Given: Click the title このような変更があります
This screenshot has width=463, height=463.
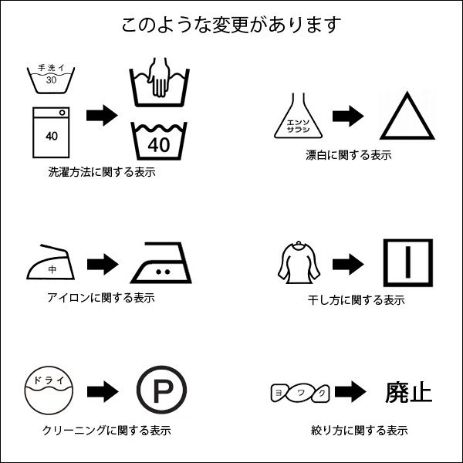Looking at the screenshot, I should pos(231,25).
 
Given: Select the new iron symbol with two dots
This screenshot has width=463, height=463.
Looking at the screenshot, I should pos(161,265).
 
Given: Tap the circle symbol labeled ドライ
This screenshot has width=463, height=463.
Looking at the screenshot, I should pos(50,392).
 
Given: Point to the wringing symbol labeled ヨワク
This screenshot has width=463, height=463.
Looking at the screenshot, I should pos(300,393).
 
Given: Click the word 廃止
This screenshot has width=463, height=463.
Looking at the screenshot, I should pos(408,393).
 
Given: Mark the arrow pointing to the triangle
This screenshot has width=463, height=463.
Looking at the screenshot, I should pos(348,117).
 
